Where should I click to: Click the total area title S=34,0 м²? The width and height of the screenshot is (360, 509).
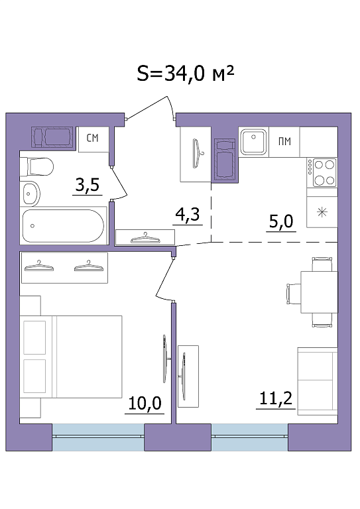click(x=186, y=74)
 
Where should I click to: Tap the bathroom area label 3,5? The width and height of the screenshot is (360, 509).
click(x=87, y=186)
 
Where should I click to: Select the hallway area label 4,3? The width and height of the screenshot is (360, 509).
click(x=187, y=215)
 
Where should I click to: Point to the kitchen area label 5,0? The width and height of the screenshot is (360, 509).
click(x=281, y=222)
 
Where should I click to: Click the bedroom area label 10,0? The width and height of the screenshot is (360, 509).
click(x=145, y=404)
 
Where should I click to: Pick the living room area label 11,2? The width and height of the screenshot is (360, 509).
click(x=276, y=398)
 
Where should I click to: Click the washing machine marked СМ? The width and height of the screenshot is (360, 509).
click(x=93, y=139)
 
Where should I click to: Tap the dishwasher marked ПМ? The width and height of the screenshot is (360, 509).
click(x=284, y=142)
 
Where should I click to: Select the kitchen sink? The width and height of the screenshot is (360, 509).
click(x=254, y=142)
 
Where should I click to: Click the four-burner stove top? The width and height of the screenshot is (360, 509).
click(x=322, y=172)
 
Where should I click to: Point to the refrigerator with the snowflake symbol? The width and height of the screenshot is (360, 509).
click(x=322, y=212)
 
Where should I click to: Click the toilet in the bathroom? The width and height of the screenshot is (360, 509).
click(x=36, y=166)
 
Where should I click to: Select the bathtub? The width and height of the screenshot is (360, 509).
click(x=63, y=225)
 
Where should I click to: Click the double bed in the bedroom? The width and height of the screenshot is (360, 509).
click(x=71, y=357)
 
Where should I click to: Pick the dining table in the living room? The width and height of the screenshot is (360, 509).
click(x=319, y=292)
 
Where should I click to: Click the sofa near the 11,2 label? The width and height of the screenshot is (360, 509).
click(x=318, y=382)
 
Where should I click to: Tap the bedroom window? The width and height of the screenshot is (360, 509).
click(x=98, y=437)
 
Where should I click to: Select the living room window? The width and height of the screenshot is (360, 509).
click(x=250, y=437)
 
